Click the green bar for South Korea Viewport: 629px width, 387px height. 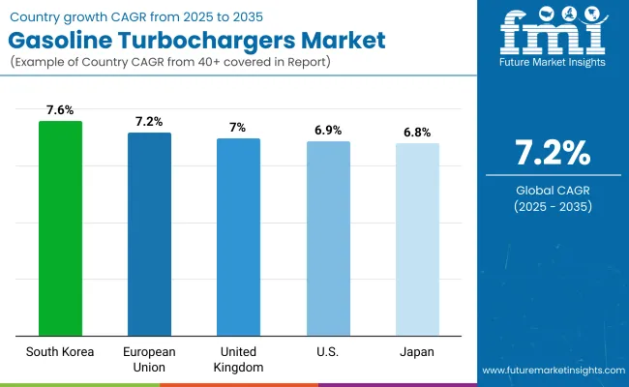click(60, 227)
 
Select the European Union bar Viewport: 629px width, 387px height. click(149, 233)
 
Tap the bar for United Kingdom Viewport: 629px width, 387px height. click(238, 236)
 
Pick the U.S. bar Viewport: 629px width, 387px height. click(328, 238)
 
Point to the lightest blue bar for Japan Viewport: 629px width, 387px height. click(417, 239)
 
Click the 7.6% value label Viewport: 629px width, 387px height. click(60, 110)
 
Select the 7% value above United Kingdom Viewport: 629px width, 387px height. click(238, 128)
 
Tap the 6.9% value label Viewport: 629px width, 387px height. click(328, 131)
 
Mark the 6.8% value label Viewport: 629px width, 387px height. click(417, 133)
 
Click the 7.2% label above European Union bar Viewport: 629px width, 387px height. click(149, 122)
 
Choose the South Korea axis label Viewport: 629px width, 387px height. click(60, 351)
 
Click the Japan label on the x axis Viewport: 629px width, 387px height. click(417, 351)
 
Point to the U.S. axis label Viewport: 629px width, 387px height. click(328, 351)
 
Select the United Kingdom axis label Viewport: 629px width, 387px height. click(238, 358)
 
